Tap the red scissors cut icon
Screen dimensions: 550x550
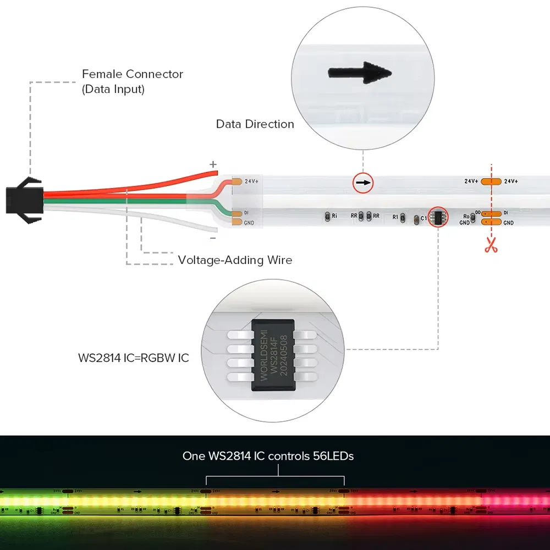pos(491,246)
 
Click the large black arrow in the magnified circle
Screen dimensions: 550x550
pos(360,73)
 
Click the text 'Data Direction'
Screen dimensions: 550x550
pos(255,124)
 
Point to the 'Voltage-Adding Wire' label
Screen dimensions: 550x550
pos(235,260)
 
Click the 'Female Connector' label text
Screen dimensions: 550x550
pos(132,74)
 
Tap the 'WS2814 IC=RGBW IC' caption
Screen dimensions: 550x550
pos(133,358)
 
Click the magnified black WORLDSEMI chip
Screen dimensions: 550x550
pos(273,356)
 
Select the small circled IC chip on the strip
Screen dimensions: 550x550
pos(438,216)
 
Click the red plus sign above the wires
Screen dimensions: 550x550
pos(213,164)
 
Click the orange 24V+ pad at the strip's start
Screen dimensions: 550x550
pos(237,181)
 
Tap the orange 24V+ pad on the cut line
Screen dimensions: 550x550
pos(491,181)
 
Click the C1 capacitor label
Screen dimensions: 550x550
pos(424,218)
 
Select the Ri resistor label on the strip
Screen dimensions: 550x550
pos(334,216)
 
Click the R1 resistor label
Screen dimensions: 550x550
pos(395,217)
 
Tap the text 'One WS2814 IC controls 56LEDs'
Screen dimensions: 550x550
pos(268,456)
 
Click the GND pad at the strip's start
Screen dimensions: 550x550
pos(237,222)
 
